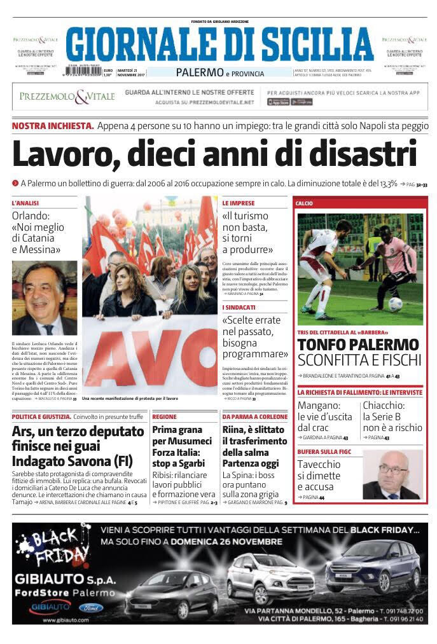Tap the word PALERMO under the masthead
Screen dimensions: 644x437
pyautogui.click(x=200, y=73)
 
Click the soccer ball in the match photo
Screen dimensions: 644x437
pyautogui.click(x=396, y=305)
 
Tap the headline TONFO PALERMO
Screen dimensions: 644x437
pyautogui.click(x=359, y=345)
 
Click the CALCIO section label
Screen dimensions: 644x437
pyautogui.click(x=304, y=203)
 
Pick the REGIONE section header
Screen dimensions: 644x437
pyautogui.click(x=164, y=416)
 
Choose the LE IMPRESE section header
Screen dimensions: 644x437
pyautogui.click(x=239, y=203)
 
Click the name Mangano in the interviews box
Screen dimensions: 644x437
pyautogui.click(x=319, y=405)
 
